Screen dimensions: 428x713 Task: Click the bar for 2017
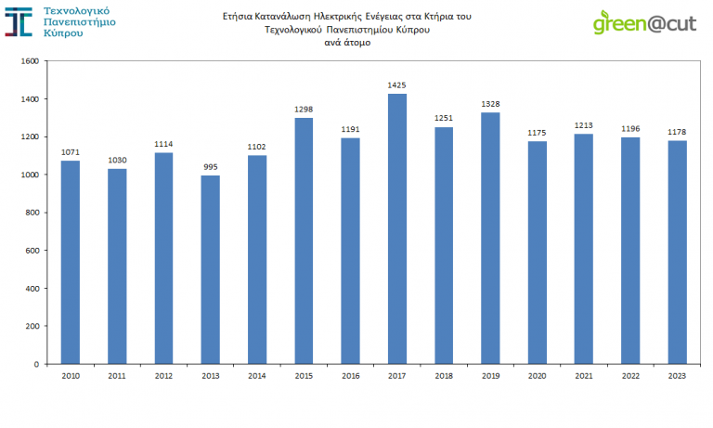pyautogui.click(x=396, y=228)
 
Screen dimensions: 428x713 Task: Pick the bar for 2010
pyautogui.click(x=71, y=262)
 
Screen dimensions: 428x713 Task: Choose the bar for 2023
pyautogui.click(x=677, y=252)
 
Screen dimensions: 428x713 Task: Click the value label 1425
pyautogui.click(x=396, y=85)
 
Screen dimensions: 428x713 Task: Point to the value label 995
pyautogui.click(x=210, y=167)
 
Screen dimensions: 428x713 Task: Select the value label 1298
pyautogui.click(x=304, y=110)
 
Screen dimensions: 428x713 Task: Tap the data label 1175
pyautogui.click(x=537, y=133)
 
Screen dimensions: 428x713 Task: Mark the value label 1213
pyautogui.click(x=583, y=125)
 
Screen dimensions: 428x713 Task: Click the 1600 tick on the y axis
pyautogui.click(x=29, y=61)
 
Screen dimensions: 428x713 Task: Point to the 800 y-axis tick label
pyautogui.click(x=32, y=213)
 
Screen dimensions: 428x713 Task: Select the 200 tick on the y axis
pyautogui.click(x=32, y=326)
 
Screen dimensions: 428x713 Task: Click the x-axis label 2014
pyautogui.click(x=257, y=376)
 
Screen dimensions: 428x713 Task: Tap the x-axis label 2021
pyautogui.click(x=583, y=376)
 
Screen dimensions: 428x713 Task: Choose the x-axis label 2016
pyautogui.click(x=350, y=376)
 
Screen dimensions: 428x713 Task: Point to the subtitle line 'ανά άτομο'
pyautogui.click(x=342, y=41)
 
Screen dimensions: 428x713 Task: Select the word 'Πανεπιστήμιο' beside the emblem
pyautogui.click(x=80, y=22)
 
